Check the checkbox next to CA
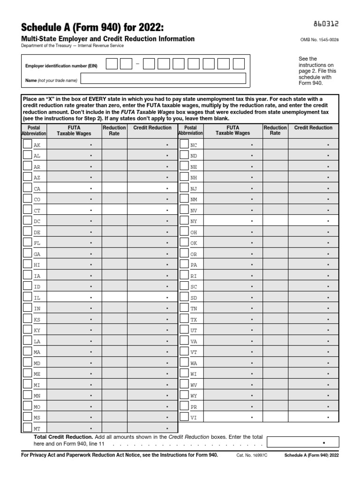pyautogui.click(x=27, y=188)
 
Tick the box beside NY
pyautogui.click(x=184, y=221)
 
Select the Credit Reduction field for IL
pyautogui.click(x=152, y=297)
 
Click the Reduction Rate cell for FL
pyautogui.click(x=114, y=243)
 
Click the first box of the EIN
pyautogui.click(x=112, y=64)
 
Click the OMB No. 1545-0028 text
pyautogui.click(x=319, y=40)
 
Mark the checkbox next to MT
pyautogui.click(x=27, y=428)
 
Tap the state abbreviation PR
pyautogui.click(x=194, y=406)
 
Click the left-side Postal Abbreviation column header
pyautogui.click(x=34, y=130)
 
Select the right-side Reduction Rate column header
pyautogui.click(x=275, y=130)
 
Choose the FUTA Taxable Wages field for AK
pyautogui.click(x=74, y=145)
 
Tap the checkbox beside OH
pyautogui.click(x=184, y=232)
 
